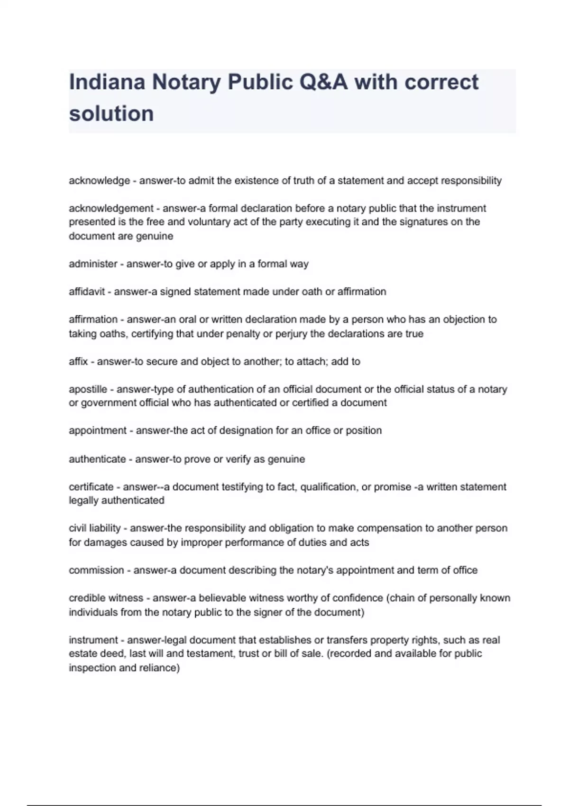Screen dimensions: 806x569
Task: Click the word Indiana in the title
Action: coord(107,82)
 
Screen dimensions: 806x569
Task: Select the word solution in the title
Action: coord(111,113)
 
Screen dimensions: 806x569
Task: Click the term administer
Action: coord(93,264)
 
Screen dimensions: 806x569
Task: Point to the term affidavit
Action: coord(87,292)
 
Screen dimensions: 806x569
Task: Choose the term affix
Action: coord(78,361)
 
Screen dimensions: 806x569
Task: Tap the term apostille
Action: coord(88,389)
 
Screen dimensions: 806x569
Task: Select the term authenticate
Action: coord(97,459)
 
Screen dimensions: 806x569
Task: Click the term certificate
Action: coord(91,487)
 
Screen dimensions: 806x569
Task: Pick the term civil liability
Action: coord(95,528)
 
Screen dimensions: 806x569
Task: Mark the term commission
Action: coord(96,570)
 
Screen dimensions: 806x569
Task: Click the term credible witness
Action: coord(106,598)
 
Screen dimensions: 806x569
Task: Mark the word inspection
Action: coord(91,668)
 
